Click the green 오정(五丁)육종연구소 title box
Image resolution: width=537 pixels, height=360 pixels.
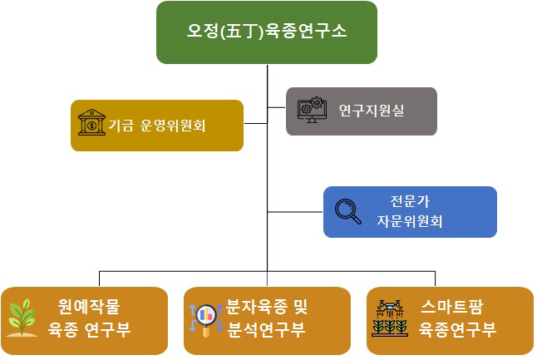coord(267,32)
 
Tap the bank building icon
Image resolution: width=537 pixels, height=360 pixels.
coord(91,124)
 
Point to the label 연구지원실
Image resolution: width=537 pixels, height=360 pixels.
coord(372,111)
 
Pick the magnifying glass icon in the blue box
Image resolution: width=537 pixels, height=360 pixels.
coord(347,212)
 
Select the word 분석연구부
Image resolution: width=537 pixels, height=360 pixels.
coord(267,329)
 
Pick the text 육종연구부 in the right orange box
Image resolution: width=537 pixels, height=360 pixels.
coord(458,329)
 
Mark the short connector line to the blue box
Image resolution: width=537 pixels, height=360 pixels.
coord(295,213)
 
